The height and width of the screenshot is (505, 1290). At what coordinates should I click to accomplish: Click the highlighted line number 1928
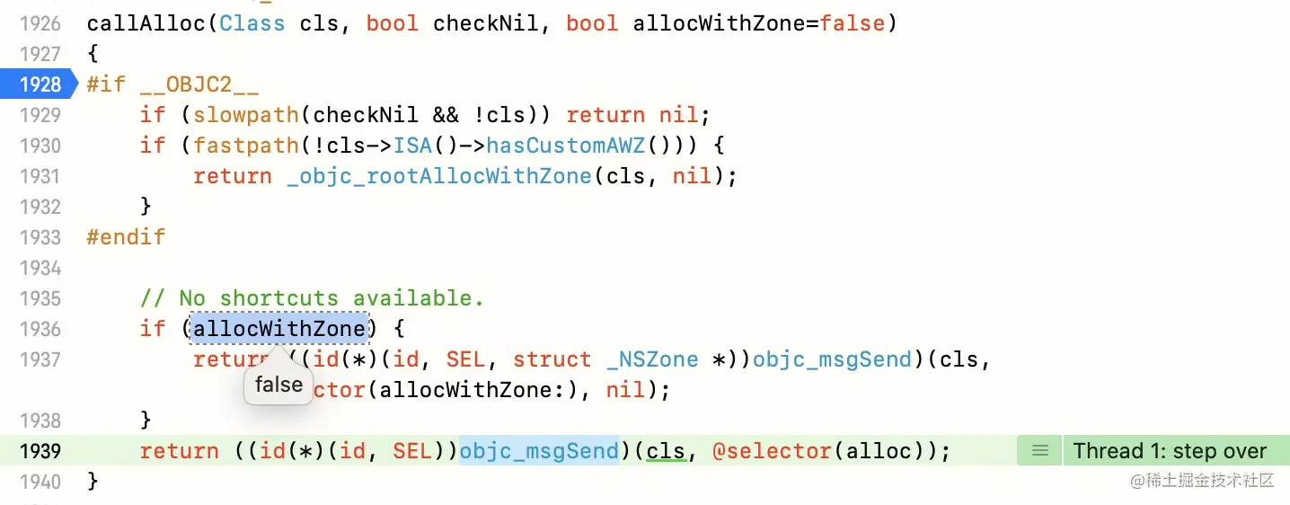click(40, 84)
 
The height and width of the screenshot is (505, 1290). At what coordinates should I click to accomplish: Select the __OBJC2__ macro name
click(199, 84)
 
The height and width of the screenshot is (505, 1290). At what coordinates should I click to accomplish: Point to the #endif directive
click(127, 237)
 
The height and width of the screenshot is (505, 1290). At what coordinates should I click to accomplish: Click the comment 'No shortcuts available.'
click(331, 298)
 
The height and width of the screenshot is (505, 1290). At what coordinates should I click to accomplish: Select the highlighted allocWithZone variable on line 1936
click(279, 329)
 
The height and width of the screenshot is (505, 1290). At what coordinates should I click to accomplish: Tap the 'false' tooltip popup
click(278, 385)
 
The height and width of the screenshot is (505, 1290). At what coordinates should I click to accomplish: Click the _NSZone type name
click(652, 359)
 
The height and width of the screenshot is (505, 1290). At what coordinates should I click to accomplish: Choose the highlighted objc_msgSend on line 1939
click(539, 450)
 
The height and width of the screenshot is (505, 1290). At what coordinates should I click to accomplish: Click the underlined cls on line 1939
click(666, 450)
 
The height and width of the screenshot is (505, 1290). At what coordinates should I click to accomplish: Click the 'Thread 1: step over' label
click(1170, 450)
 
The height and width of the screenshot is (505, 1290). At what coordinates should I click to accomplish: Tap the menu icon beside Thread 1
click(1040, 450)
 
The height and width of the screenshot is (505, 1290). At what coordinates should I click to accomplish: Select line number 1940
click(40, 482)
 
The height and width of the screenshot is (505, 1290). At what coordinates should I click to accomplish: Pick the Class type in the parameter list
click(252, 23)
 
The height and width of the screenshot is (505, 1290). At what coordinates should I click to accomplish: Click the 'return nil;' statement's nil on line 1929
click(678, 115)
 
